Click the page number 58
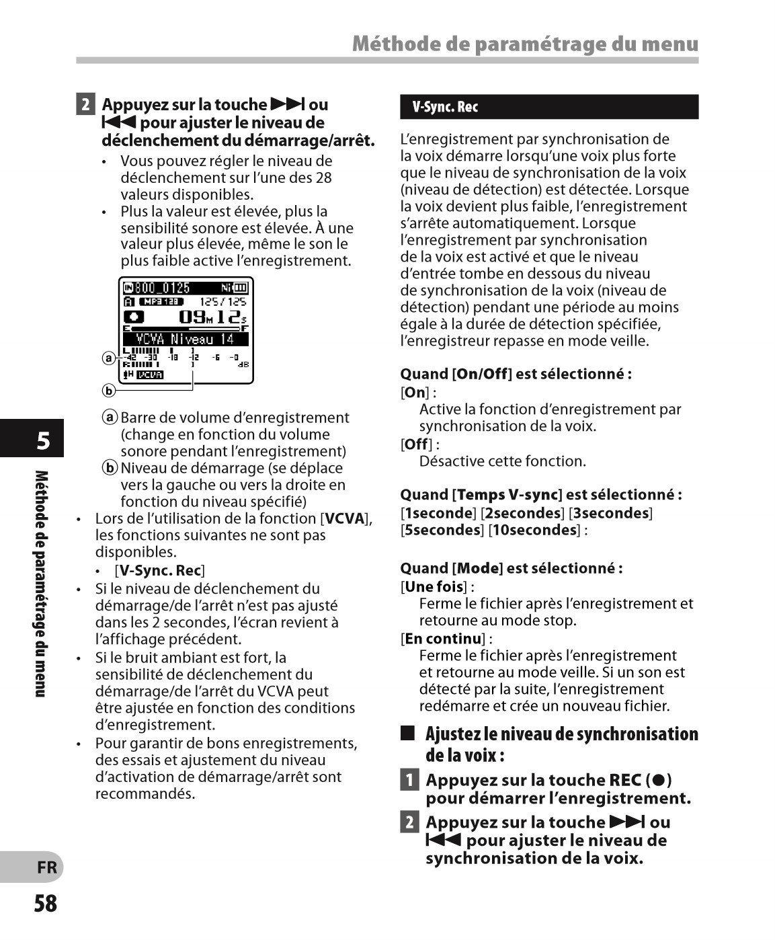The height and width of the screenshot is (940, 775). (46, 903)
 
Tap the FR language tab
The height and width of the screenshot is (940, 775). (46, 867)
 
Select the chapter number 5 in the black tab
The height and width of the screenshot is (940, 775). (43, 441)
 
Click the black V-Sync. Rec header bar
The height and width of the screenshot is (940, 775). (548, 107)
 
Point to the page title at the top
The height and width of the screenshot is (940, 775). (525, 44)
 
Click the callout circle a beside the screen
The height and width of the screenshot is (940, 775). (108, 358)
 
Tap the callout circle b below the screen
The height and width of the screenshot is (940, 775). (108, 390)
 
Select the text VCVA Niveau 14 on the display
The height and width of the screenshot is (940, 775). (185, 339)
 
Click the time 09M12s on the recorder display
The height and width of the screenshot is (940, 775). (212, 317)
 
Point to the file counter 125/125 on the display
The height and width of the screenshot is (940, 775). (223, 302)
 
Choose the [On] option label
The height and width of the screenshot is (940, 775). (415, 392)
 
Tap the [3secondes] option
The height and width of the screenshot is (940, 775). (610, 513)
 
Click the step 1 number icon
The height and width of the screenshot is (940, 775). (409, 780)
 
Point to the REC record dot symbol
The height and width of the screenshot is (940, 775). (659, 780)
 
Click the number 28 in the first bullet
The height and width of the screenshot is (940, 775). (323, 178)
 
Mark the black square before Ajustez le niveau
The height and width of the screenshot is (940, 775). (407, 733)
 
